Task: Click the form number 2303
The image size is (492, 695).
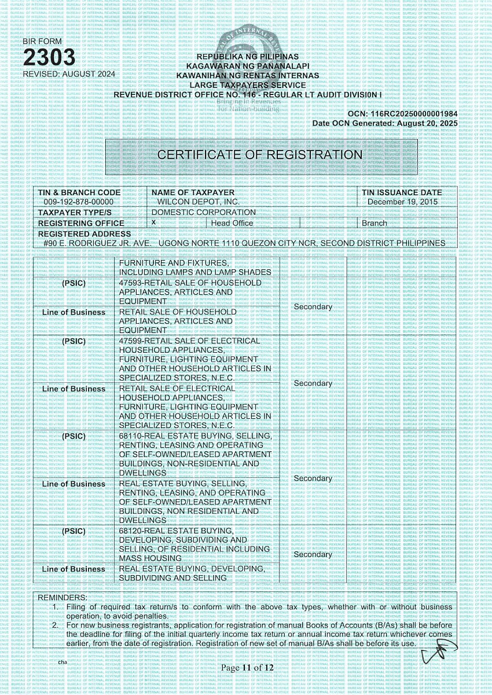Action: click(x=49, y=58)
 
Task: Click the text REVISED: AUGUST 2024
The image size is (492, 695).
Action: click(x=69, y=74)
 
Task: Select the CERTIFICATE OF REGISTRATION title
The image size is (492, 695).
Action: click(x=260, y=155)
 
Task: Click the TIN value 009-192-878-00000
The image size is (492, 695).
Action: click(x=79, y=202)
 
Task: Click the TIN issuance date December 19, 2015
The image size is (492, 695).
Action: click(x=403, y=202)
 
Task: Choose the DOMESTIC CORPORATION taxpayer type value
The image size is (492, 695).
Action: click(x=203, y=212)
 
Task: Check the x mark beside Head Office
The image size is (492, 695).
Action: click(x=153, y=222)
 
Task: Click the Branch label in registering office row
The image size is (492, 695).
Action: click(x=374, y=223)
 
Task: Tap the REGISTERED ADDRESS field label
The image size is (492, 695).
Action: click(x=76, y=233)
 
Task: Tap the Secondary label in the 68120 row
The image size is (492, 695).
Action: click(x=313, y=554)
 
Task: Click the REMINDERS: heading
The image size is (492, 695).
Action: click(x=63, y=597)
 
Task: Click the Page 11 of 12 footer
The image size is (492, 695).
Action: click(x=247, y=668)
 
